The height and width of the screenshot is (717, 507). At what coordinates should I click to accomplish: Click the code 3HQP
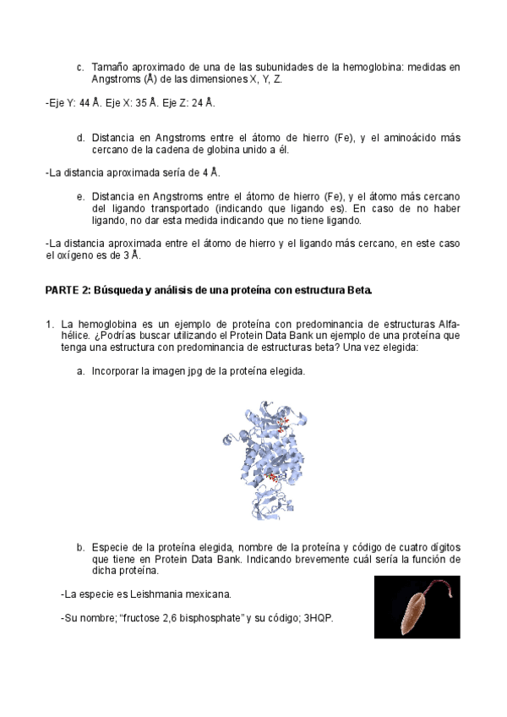pos(318,618)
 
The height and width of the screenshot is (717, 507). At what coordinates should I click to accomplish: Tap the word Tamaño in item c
pos(110,66)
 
